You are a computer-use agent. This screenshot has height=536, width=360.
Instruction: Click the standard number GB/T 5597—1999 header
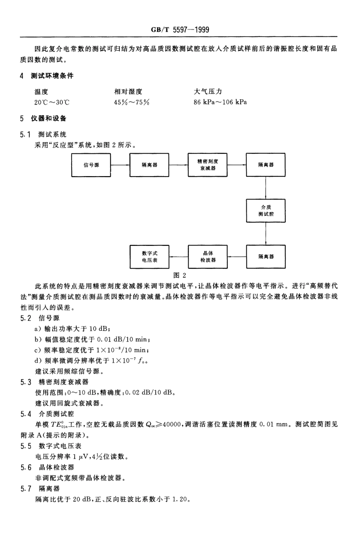pyautogui.click(x=180, y=30)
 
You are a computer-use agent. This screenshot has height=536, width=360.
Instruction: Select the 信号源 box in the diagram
pyautogui.click(x=91, y=165)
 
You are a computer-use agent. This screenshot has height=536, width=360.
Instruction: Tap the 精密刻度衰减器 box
pyautogui.click(x=208, y=165)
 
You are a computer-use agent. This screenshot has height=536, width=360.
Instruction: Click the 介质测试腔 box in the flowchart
pyautogui.click(x=266, y=211)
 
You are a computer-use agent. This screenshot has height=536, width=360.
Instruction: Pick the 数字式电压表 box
pyautogui.click(x=149, y=257)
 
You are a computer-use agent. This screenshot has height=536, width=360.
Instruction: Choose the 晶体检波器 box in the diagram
pyautogui.click(x=208, y=257)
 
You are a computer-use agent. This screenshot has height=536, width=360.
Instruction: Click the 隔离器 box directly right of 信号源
pyautogui.click(x=149, y=165)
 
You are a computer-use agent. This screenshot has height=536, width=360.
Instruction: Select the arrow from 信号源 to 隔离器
pyautogui.click(x=120, y=165)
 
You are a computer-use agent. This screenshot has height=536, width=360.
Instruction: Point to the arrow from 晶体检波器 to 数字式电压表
pyautogui.click(x=178, y=257)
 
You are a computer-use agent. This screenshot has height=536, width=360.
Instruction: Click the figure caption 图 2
pyautogui.click(x=180, y=275)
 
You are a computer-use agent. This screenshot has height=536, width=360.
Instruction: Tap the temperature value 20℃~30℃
pyautogui.click(x=52, y=102)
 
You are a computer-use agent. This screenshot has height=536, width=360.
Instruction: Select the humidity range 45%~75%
pyautogui.click(x=132, y=102)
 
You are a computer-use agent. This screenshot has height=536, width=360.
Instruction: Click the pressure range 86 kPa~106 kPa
pyautogui.click(x=220, y=102)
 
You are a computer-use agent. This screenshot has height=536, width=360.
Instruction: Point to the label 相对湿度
pyautogui.click(x=128, y=92)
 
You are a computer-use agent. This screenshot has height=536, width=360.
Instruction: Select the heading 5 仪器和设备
pyautogui.click(x=43, y=119)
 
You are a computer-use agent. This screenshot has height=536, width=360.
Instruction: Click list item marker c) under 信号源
pyautogui.click(x=38, y=350)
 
